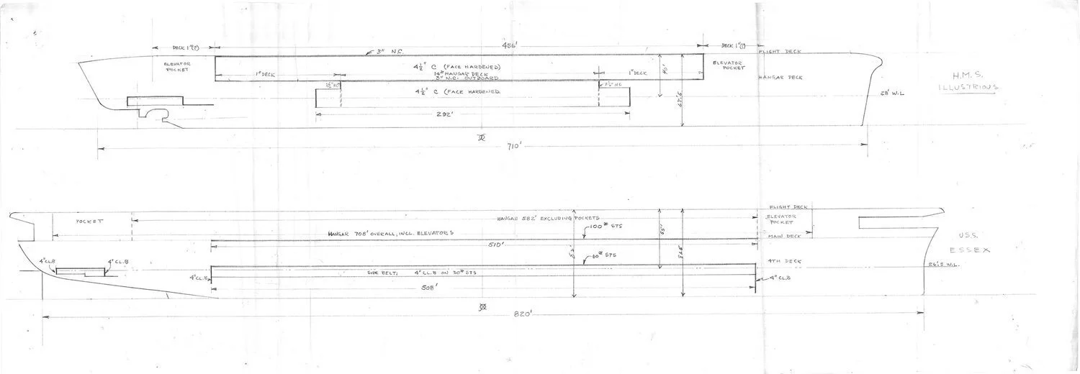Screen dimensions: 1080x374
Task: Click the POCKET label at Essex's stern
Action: click(90, 222)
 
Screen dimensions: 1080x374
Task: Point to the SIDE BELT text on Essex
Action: click(380, 273)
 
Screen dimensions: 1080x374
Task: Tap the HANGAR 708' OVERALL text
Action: click(392, 233)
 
